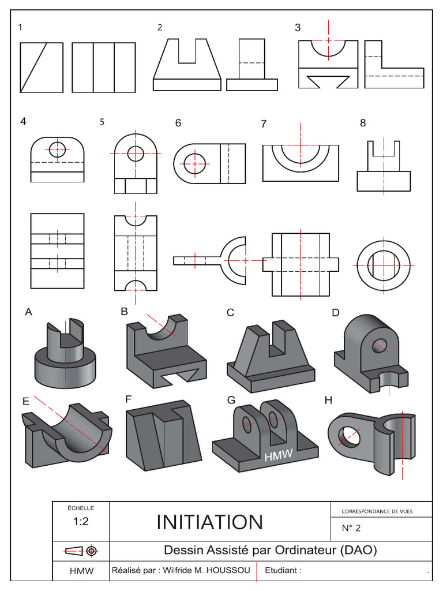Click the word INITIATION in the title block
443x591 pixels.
210,522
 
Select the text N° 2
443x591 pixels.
351,528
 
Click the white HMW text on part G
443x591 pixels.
279,456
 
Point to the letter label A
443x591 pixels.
28,312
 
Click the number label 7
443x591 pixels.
264,124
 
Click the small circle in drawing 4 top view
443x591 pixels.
58,149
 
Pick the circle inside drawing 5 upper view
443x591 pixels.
136,154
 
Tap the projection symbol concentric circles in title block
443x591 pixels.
91,551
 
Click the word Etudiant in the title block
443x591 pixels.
283,571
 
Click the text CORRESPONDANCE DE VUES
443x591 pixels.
377,511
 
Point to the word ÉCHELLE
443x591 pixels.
80,508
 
